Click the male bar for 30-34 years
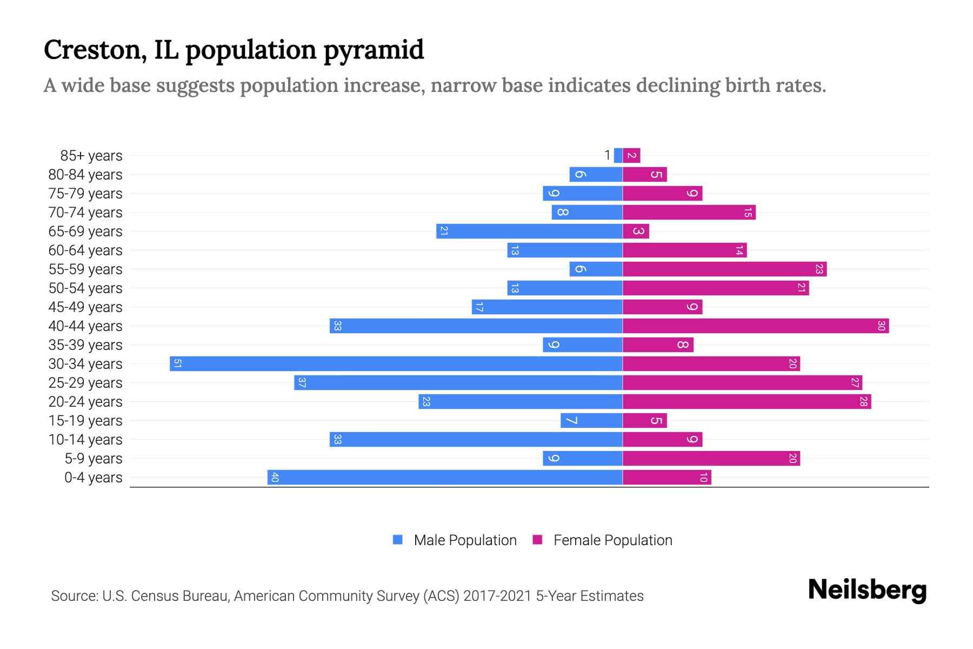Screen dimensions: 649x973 (396, 363)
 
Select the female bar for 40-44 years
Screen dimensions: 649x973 (756, 326)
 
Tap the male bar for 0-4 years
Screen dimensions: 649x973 (445, 477)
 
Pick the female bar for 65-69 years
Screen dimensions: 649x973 (636, 231)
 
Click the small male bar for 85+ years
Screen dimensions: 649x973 (618, 155)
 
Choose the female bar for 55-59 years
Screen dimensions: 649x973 (724, 269)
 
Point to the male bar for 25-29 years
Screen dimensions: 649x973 (458, 382)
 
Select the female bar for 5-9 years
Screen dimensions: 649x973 (711, 458)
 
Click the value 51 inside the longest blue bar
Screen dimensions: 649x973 (177, 363)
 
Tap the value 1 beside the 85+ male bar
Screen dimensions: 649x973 (607, 155)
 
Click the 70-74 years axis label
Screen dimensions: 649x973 (85, 213)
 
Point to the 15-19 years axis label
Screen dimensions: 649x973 (85, 421)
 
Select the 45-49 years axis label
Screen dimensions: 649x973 (85, 307)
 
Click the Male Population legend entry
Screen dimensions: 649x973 (464, 540)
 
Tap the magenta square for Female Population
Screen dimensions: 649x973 (537, 540)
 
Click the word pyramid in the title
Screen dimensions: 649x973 (374, 50)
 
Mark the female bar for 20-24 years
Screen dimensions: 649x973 (747, 401)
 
